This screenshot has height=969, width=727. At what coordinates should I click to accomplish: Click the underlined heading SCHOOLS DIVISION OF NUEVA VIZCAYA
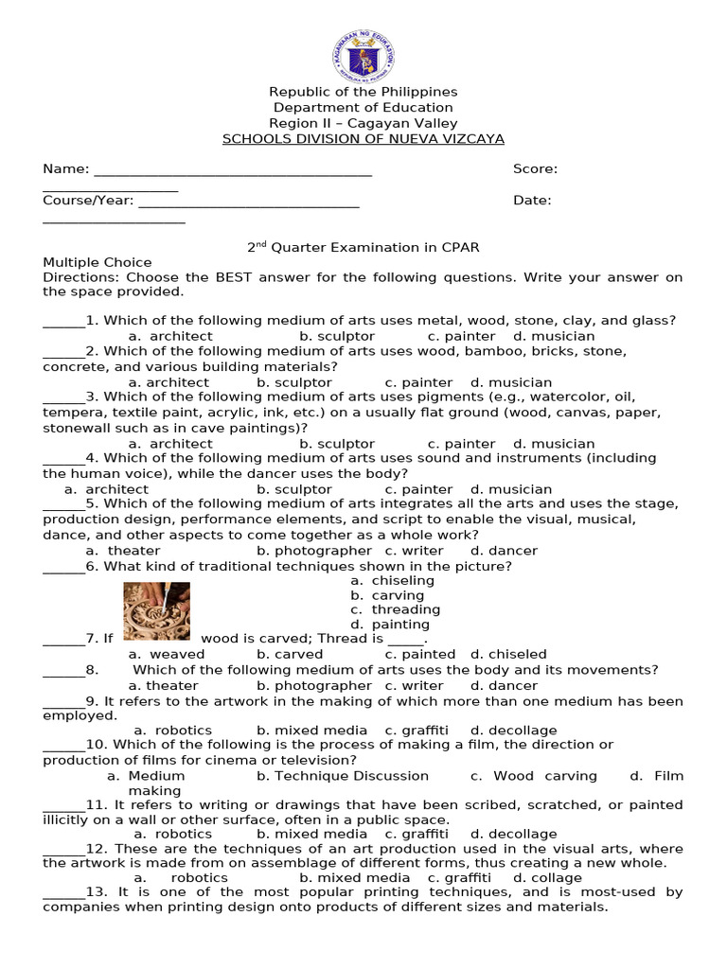point(363,138)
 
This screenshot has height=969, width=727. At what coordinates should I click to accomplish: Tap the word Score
point(535,169)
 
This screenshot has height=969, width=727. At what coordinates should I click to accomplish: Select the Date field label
point(532,201)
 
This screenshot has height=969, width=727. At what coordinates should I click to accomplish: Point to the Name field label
point(65,169)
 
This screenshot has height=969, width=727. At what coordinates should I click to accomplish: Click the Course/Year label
point(88,201)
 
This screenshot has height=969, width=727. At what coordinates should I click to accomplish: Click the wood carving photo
point(157,611)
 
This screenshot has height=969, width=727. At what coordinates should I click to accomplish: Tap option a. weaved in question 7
point(167,654)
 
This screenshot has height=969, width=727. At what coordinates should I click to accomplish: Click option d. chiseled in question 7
point(508,654)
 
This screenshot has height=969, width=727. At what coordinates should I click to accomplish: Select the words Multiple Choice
point(97,262)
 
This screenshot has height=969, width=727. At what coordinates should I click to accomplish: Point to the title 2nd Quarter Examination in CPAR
point(363,247)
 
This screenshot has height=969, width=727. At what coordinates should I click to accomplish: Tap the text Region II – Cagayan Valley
point(363,123)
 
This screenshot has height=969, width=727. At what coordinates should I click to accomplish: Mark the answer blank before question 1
point(63,322)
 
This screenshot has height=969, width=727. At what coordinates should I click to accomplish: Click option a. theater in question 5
point(123,551)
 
